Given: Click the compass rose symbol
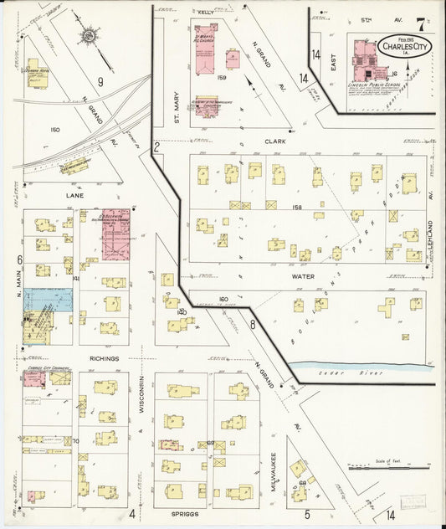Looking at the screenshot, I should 90,38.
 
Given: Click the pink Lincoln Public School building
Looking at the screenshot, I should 366,57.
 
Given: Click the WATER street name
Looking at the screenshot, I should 301,273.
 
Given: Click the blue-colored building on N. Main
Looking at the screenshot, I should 48,299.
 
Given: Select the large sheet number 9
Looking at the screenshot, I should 100,81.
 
